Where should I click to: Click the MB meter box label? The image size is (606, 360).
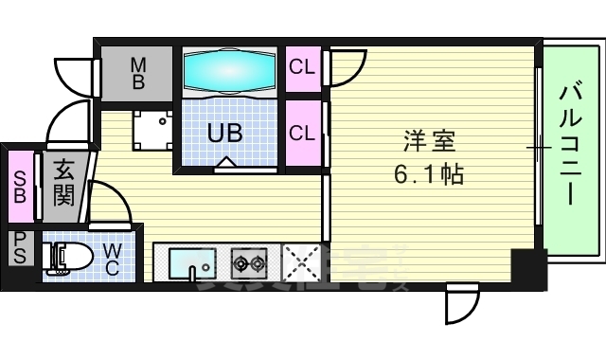coord(137,73)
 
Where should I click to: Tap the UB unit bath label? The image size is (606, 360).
coord(225,134)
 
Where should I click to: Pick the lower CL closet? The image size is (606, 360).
coord(303,133)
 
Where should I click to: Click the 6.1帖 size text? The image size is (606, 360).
coord(429,174)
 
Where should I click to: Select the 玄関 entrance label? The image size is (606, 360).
coord(63,184)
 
